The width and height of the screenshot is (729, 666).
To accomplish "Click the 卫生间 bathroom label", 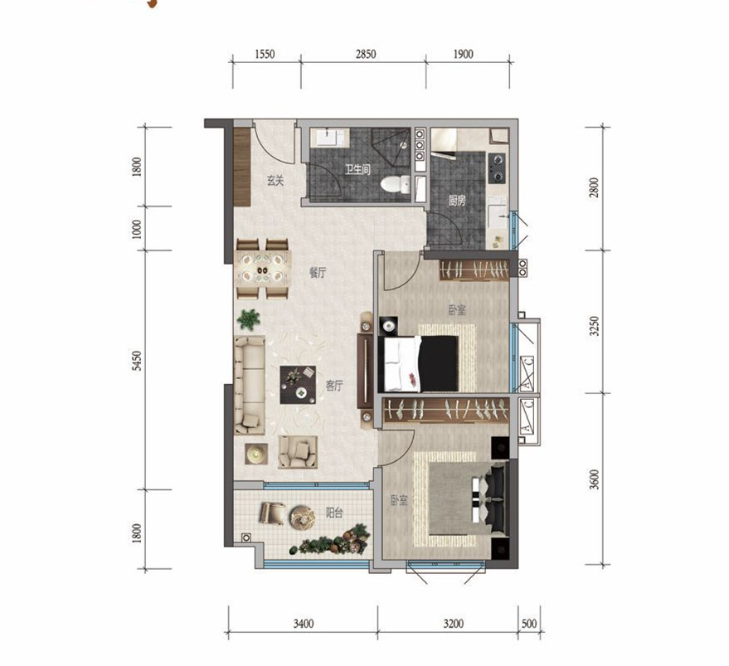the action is click(357, 169).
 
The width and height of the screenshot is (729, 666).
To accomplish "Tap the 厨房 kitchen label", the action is click(456, 201).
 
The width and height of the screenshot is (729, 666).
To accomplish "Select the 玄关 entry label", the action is click(275, 181).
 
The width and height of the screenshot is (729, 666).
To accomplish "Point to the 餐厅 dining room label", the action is click(318, 273).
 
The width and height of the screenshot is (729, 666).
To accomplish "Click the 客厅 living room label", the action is click(334, 386).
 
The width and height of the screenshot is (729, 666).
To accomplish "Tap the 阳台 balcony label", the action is click(334, 513).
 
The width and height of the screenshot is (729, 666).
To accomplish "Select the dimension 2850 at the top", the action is click(366, 55).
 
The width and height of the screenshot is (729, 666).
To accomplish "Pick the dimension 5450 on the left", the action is click(136, 361).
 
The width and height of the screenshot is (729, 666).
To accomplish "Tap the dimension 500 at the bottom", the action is click(529, 623).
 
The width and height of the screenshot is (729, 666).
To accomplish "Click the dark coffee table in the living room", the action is click(298, 385).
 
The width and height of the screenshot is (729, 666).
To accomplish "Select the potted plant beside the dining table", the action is click(249, 319).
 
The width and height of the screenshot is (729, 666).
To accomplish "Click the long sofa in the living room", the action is click(250, 385).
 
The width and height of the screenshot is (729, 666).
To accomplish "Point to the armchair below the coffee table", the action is click(298, 452).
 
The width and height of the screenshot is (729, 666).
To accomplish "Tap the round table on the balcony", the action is click(302, 517).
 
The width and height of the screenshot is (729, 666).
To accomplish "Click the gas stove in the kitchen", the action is click(497, 168).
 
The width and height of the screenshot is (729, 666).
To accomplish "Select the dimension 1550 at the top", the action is click(265, 55).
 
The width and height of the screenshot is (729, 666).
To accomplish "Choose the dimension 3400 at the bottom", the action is click(304, 623).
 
